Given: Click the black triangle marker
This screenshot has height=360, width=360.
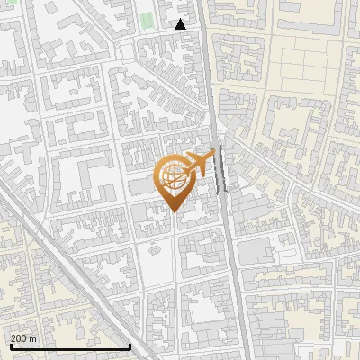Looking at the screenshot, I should pos(181,24).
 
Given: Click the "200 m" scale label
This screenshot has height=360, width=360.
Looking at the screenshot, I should pos(23,338).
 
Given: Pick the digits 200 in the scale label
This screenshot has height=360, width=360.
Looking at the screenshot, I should pos(19,338).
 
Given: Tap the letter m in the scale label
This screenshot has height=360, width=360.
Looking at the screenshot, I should pos(32,338).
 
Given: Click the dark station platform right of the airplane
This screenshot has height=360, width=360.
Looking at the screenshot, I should pos(221,171).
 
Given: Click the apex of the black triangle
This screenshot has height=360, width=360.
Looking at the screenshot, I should pos(181,19).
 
